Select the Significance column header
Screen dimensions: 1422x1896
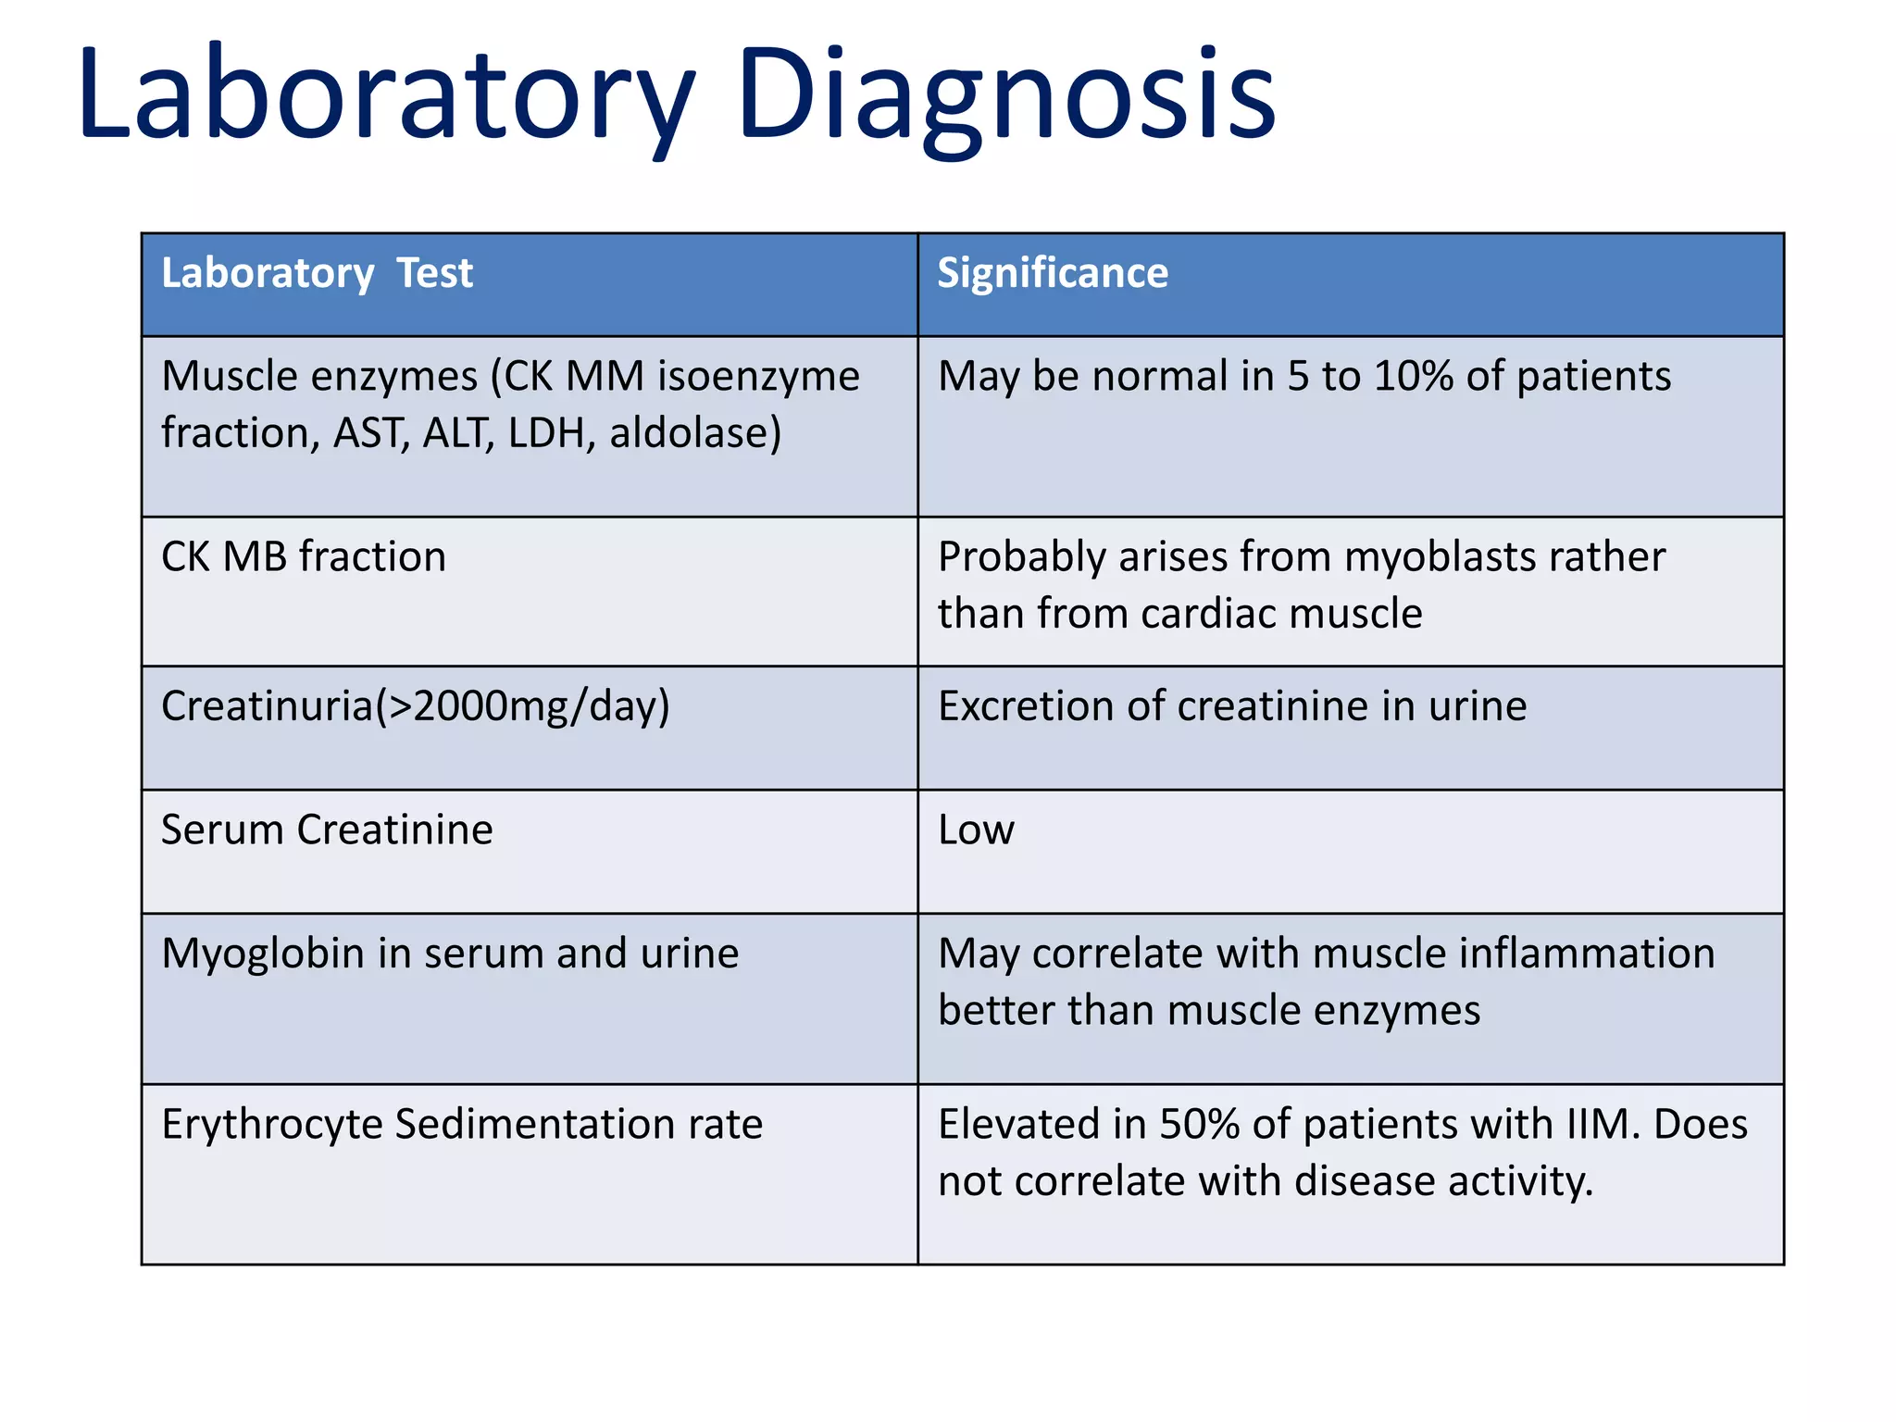click(1053, 273)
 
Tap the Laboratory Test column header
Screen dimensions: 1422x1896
click(317, 273)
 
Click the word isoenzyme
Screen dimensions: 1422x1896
click(758, 377)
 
